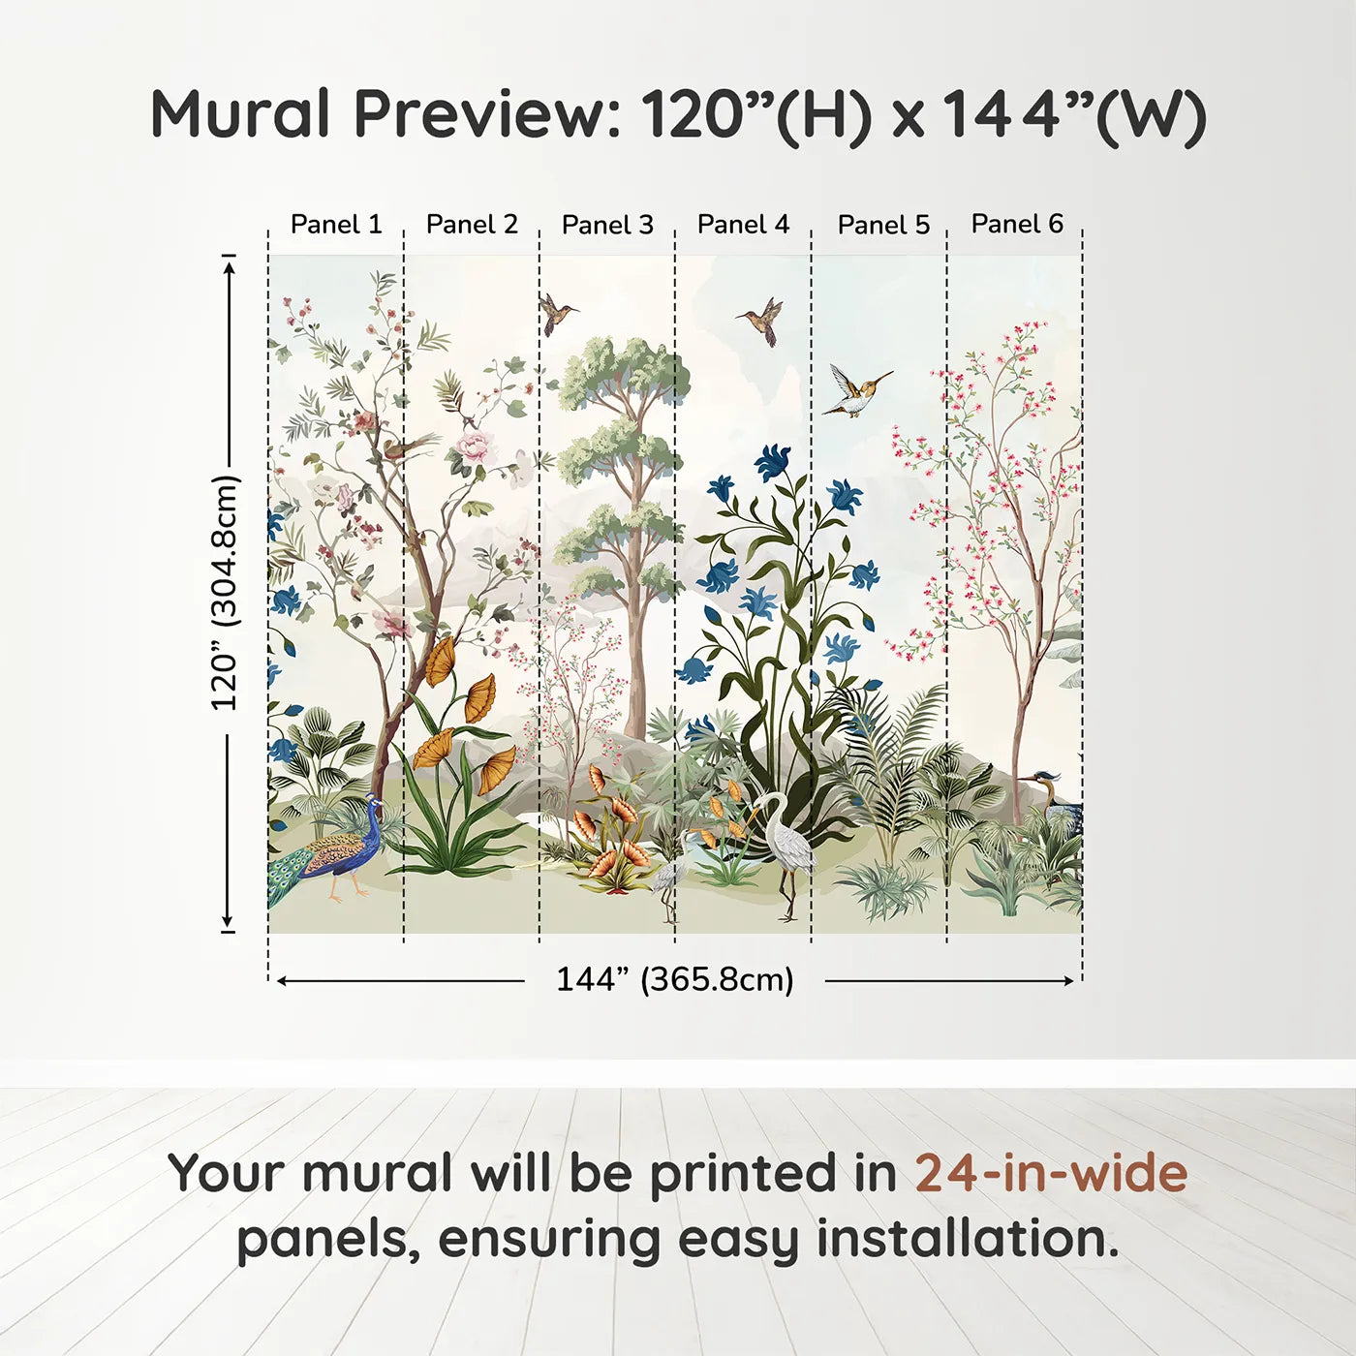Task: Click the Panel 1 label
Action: (336, 225)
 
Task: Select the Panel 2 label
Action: (472, 225)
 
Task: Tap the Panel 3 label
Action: (607, 225)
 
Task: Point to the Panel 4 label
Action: (743, 225)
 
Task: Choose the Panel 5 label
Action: (883, 225)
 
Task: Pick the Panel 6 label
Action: (1017, 224)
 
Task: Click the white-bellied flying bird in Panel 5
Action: (856, 389)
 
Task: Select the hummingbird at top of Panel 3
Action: (557, 314)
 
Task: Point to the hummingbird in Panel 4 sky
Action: (762, 321)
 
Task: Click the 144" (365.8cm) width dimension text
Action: (675, 979)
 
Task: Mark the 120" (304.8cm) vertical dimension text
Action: (226, 593)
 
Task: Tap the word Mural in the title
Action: (240, 114)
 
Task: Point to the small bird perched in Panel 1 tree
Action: (412, 447)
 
